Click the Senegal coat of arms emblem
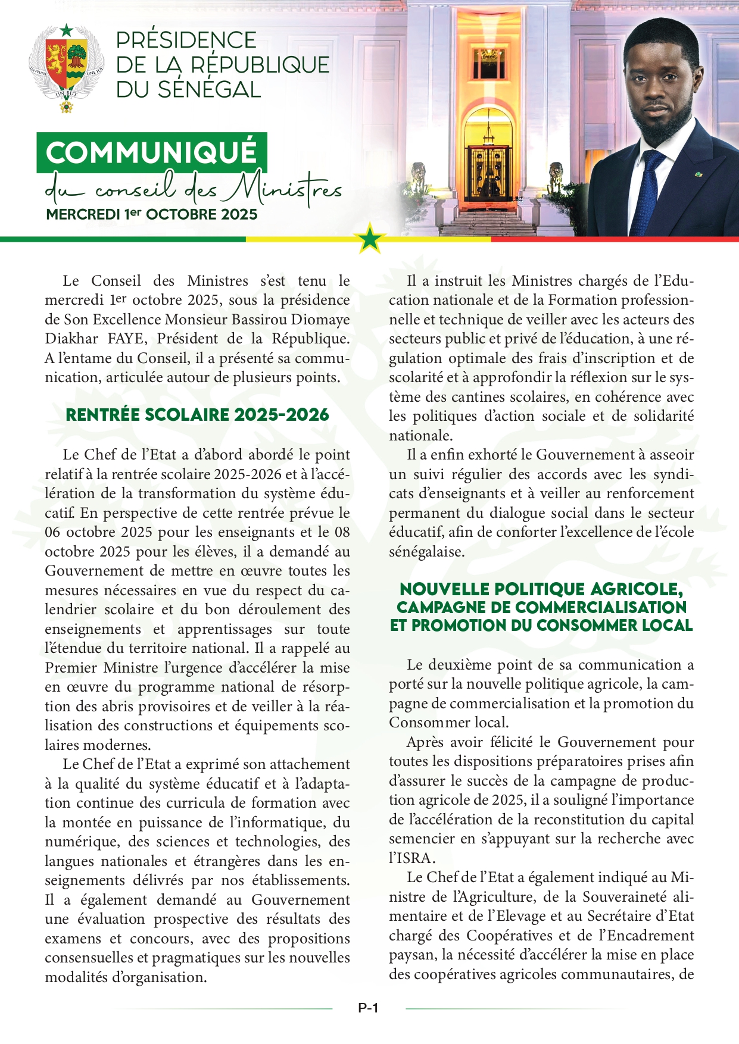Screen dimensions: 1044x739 (x=67, y=67)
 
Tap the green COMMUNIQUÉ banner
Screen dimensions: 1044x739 (x=151, y=152)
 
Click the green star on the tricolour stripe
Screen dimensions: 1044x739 (x=370, y=239)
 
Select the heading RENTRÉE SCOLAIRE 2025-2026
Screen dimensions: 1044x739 (x=197, y=415)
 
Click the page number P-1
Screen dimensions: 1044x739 (x=369, y=1008)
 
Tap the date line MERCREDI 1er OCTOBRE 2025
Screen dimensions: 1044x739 (x=152, y=215)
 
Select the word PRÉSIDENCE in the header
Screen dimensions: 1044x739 (x=186, y=40)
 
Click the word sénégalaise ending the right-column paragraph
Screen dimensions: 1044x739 (x=426, y=552)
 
